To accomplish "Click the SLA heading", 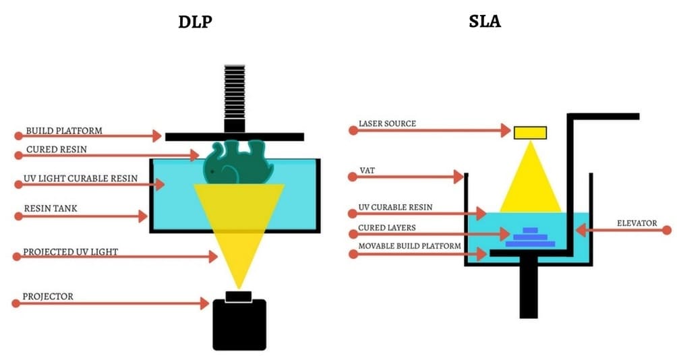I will pyautogui.click(x=485, y=22).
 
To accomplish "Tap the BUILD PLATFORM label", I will pyautogui.click(x=64, y=130).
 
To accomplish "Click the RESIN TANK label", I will pyautogui.click(x=51, y=209).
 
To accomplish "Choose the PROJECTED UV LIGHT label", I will pyautogui.click(x=71, y=251).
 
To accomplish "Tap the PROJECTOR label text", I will pyautogui.click(x=48, y=296).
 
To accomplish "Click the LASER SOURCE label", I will pyautogui.click(x=387, y=124).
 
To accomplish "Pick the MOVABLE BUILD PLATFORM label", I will pyautogui.click(x=410, y=246).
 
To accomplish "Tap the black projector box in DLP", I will pyautogui.click(x=239, y=324).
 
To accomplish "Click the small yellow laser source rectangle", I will pyautogui.click(x=530, y=132).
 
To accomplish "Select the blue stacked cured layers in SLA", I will pyautogui.click(x=530, y=237).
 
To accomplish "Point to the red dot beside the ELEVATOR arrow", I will pyautogui.click(x=667, y=231).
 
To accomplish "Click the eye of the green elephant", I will pyautogui.click(x=212, y=171).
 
